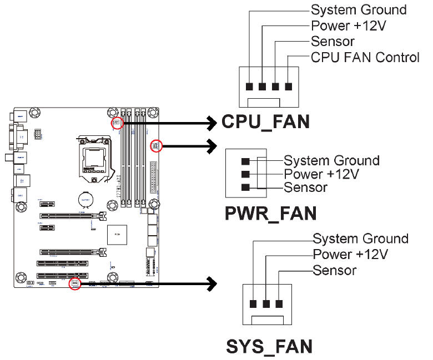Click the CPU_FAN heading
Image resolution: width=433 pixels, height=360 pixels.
point(265,121)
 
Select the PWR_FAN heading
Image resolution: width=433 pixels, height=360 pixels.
point(270,213)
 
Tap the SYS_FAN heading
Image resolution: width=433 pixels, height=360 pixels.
point(269,346)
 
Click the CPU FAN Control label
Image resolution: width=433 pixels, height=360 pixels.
point(365,57)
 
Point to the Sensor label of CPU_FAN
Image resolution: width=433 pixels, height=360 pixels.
point(333,42)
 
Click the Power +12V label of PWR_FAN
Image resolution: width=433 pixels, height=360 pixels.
point(321,174)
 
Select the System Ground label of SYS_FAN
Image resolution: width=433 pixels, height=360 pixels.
point(360,239)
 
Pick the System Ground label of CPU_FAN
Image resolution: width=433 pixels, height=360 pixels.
point(359,10)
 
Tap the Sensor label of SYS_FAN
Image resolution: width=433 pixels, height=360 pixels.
point(334,270)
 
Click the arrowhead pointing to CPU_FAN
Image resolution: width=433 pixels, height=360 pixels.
point(212,121)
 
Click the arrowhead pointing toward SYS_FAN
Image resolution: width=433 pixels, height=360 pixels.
point(212,283)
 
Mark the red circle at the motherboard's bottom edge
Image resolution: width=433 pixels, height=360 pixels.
point(74,283)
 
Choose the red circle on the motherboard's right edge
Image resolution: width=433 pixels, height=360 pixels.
point(156,146)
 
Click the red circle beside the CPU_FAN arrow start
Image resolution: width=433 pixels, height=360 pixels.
point(117,123)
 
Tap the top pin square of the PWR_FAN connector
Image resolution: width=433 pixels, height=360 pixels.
point(245,161)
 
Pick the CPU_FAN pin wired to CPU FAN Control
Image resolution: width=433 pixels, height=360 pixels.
point(288,87)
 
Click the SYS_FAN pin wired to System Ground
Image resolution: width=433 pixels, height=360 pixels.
point(253,304)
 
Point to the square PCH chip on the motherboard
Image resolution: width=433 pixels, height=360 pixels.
point(117,235)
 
